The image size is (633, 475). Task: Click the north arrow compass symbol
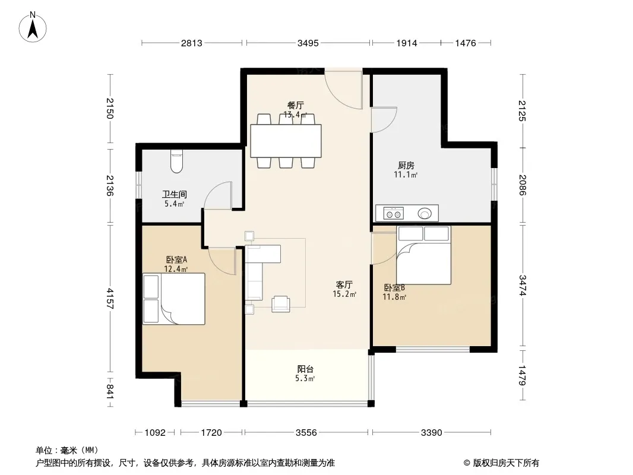33,27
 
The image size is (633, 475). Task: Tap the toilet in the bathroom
177,161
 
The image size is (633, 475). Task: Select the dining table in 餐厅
286,141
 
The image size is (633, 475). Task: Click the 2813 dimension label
191,43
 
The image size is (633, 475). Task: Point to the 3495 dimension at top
308,43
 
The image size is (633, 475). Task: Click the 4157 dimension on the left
110,299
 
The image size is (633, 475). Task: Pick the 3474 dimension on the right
523,286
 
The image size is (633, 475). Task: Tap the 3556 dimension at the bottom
306,433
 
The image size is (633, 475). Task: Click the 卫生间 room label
175,195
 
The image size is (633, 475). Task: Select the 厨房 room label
406,166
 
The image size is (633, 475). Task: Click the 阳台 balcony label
305,369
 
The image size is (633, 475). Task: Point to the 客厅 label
344,285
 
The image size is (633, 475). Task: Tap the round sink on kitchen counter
425,213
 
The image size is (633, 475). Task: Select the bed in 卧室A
173,299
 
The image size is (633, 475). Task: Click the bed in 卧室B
423,255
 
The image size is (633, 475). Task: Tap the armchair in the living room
280,304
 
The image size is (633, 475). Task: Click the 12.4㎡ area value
176,269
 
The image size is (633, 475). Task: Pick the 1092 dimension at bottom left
155,433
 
